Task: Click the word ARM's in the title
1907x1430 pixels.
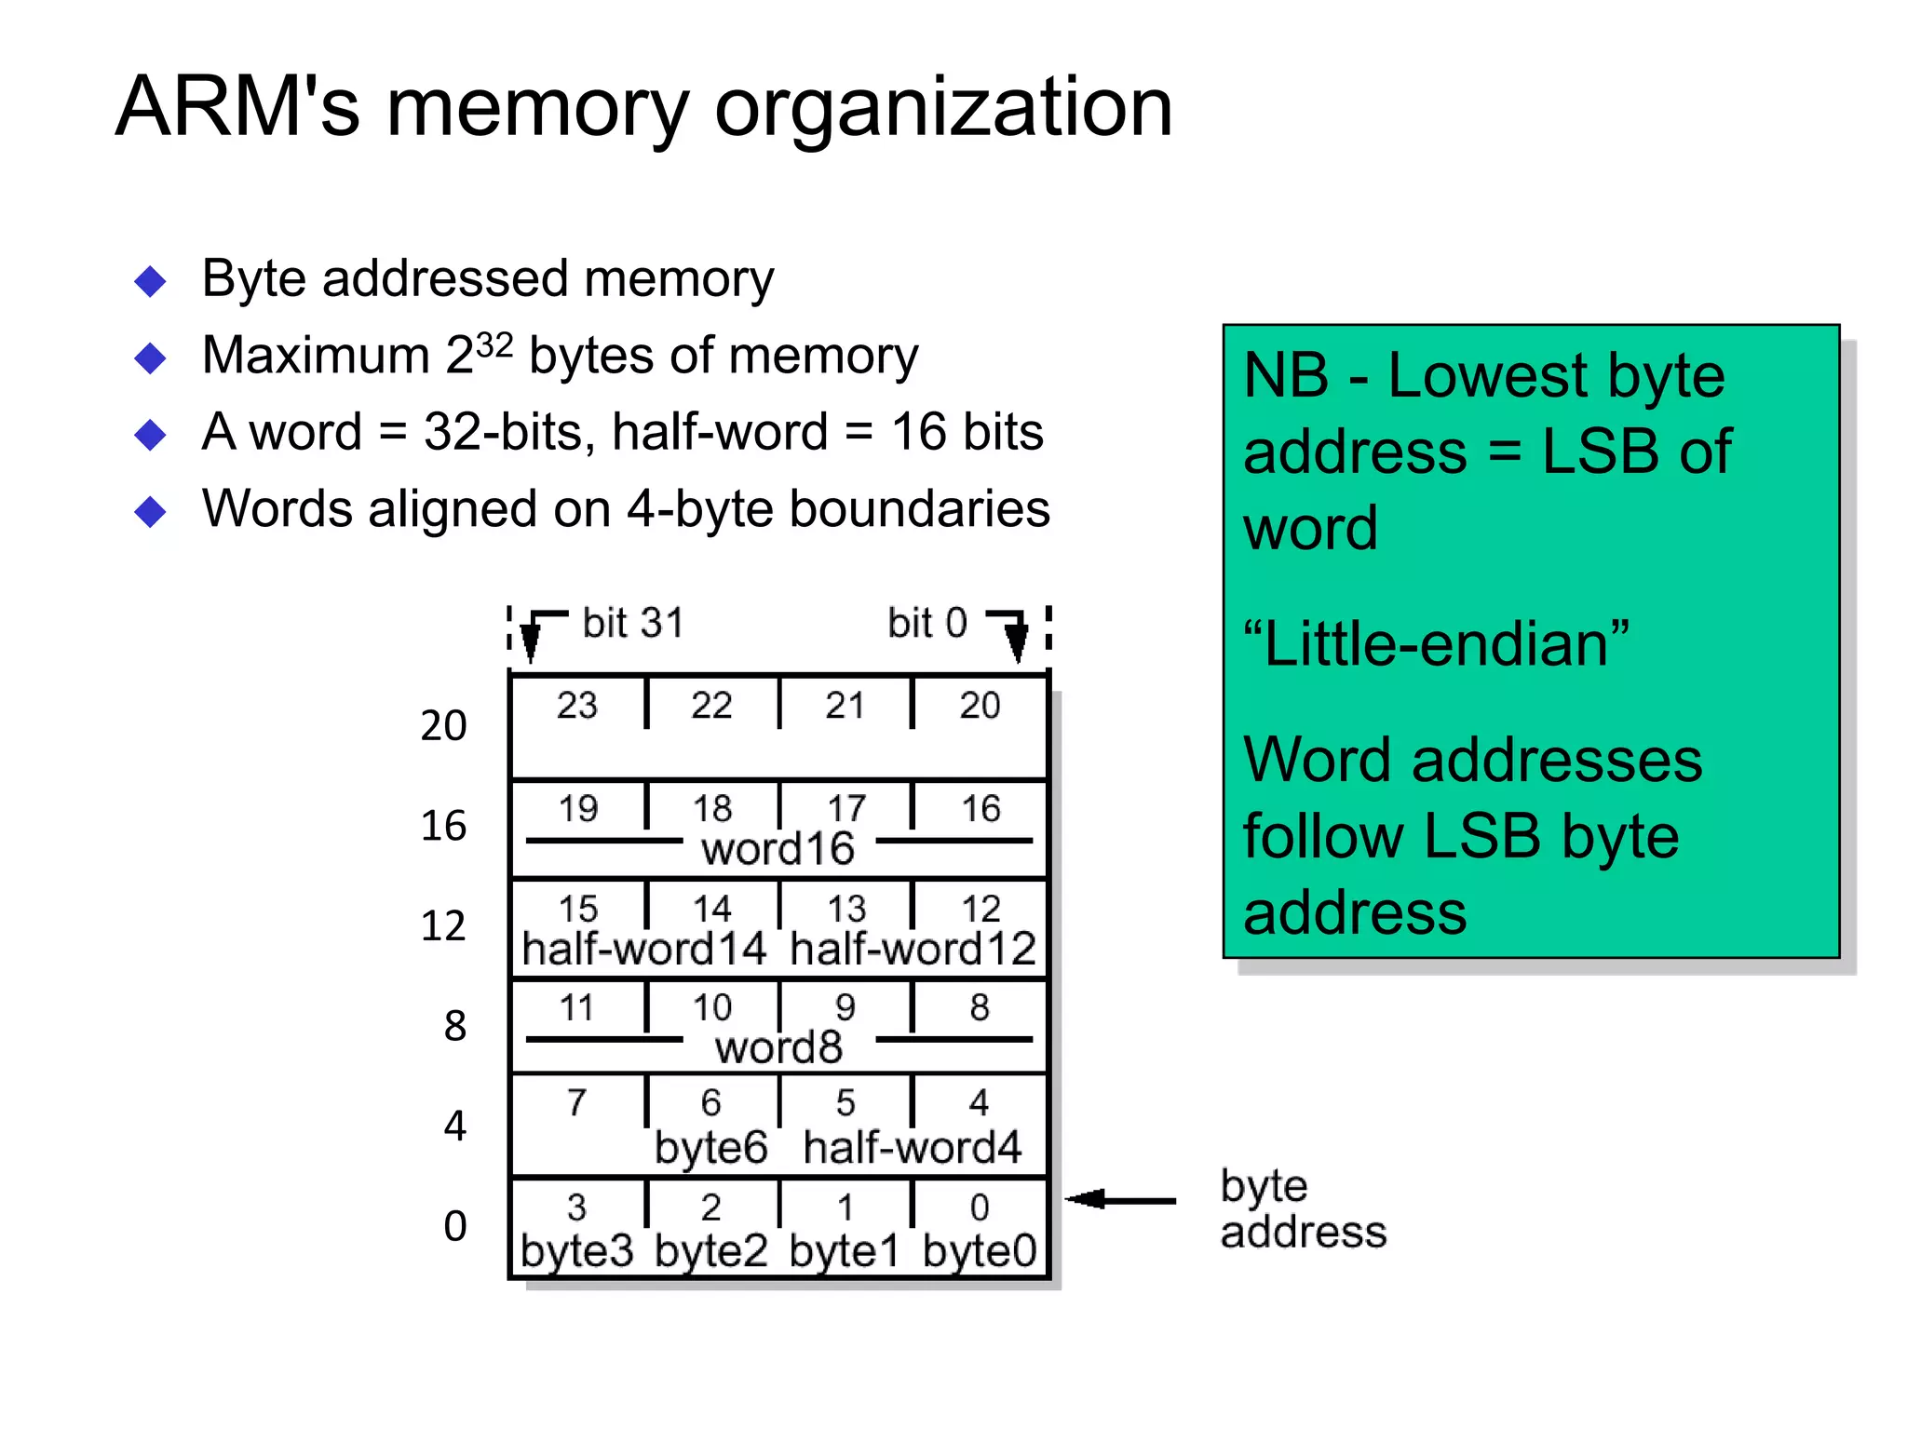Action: [x=237, y=107]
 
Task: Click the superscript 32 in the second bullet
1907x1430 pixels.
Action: [x=494, y=345]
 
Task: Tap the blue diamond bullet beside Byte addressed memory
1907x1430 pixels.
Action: [x=150, y=281]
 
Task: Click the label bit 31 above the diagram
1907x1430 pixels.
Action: [x=633, y=623]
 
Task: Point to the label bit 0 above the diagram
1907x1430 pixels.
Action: [x=926, y=623]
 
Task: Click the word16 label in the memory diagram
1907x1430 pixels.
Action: [x=778, y=849]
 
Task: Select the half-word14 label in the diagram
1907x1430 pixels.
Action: [x=644, y=949]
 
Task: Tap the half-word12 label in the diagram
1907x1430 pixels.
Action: [x=913, y=949]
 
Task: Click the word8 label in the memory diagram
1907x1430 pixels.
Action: [x=778, y=1047]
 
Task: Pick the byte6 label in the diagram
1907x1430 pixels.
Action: [x=710, y=1148]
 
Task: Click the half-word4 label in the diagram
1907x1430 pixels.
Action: [x=913, y=1147]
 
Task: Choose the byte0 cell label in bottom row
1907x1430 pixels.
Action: [x=980, y=1250]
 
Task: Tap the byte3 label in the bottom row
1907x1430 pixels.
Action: [x=576, y=1250]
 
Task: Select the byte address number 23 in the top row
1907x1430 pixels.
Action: [x=577, y=705]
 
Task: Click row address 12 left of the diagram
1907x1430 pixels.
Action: [x=443, y=925]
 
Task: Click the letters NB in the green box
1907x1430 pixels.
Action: [x=1286, y=376]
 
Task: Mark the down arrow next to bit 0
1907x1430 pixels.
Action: [x=1017, y=641]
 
